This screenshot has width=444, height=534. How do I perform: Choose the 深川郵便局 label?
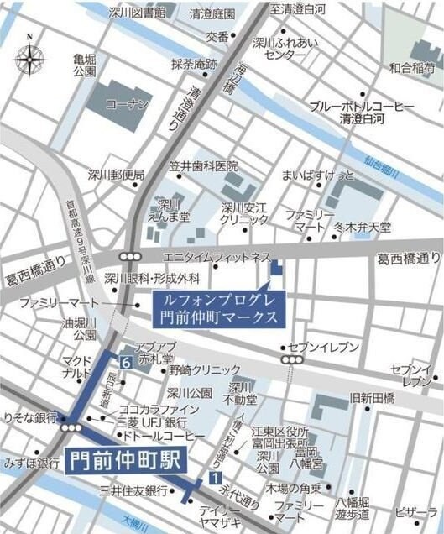116,175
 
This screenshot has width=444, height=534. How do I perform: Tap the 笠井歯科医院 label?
203,166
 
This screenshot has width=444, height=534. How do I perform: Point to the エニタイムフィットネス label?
217,255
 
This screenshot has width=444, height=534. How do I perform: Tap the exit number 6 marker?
124,363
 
